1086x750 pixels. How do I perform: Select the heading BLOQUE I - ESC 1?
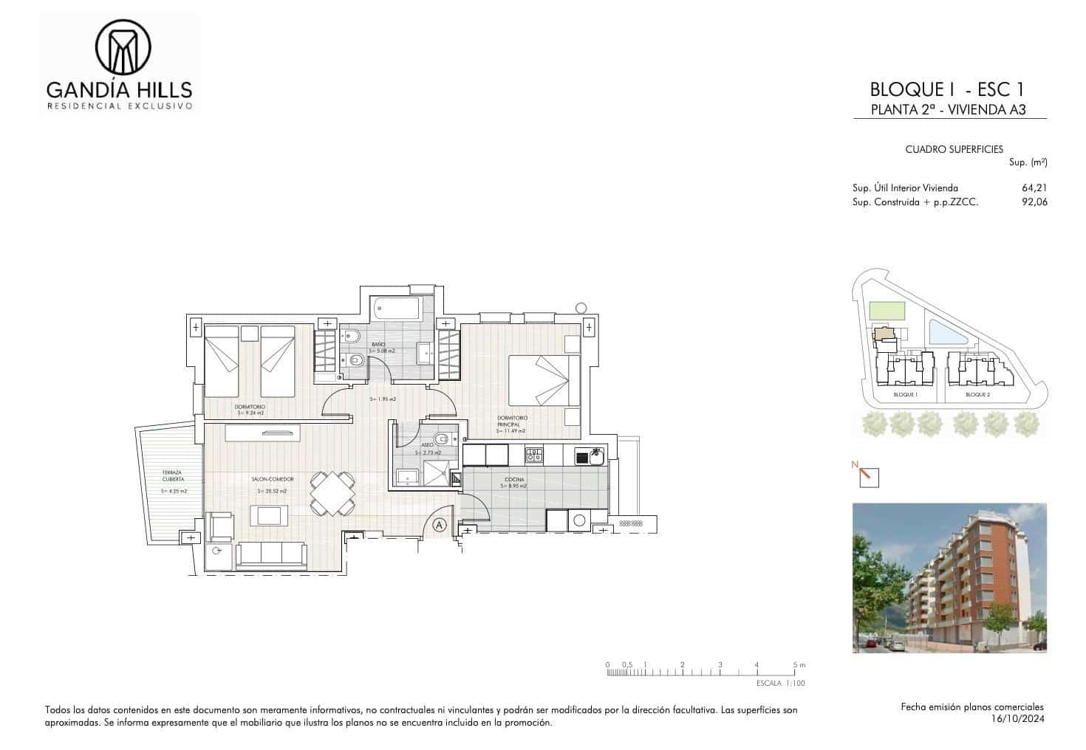pos(947,90)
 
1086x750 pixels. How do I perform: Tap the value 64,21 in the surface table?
pos(1034,188)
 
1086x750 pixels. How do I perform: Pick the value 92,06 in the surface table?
pos(1034,202)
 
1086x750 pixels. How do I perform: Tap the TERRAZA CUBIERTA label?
pos(173,476)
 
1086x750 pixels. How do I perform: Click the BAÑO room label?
pos(379,345)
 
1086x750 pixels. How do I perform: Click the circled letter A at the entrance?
pos(440,526)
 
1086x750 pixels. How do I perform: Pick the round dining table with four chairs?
pos(332,492)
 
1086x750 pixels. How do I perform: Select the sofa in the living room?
pos(270,555)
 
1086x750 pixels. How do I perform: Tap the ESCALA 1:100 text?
pos(781,684)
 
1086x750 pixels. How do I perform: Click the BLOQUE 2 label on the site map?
pos(977,395)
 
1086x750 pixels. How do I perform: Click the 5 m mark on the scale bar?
pos(795,665)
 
